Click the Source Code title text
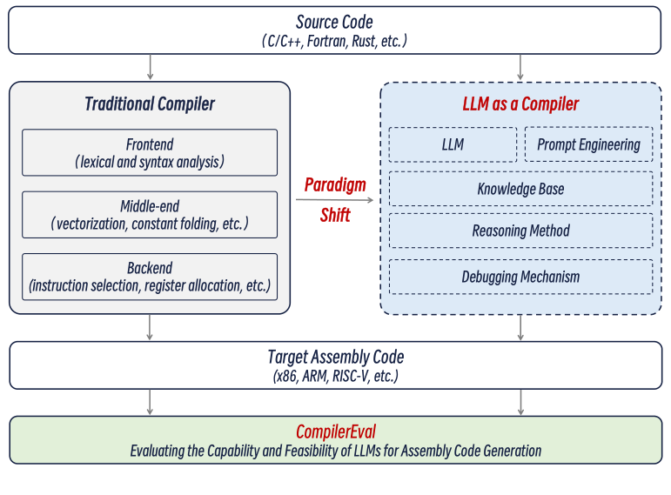pos(336,23)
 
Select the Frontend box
pos(150,153)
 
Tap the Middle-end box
pos(150,215)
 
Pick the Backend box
pos(150,277)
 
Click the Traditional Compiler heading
pos(150,104)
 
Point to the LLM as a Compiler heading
pos(520,104)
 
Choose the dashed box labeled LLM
pos(453,144)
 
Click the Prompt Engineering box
pos(588,144)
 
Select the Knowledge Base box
pos(520,189)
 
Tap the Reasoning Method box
pos(520,231)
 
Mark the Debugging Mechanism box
pos(520,277)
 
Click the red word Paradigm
pos(335,185)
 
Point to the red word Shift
pos(335,215)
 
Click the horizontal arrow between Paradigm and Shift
pos(335,200)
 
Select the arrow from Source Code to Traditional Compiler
pos(151,67)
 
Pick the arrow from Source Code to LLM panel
pos(520,67)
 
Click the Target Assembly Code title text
pos(336,357)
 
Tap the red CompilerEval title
pos(336,431)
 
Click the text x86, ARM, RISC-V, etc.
pos(336,376)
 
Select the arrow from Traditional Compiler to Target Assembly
pos(151,326)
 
